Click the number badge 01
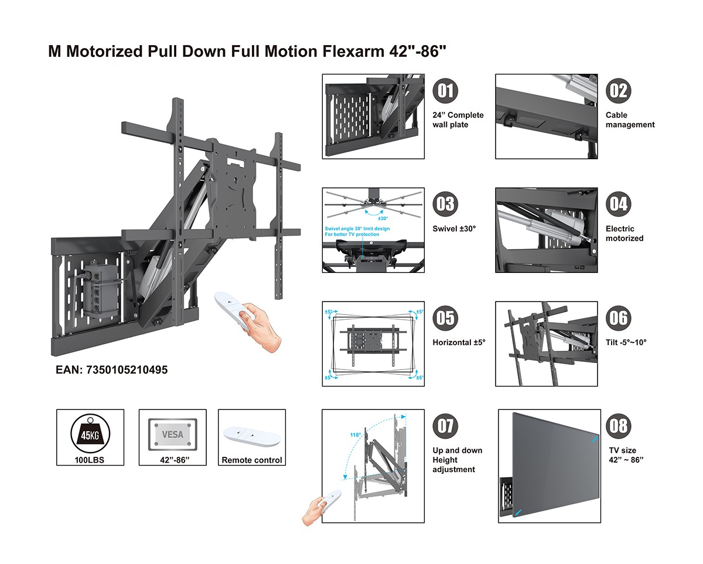(x=445, y=91)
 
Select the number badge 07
(x=445, y=426)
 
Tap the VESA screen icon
(x=172, y=435)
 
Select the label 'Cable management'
(x=630, y=120)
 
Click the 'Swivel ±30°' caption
(x=454, y=228)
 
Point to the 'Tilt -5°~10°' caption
(x=626, y=342)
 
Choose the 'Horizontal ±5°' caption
(x=459, y=342)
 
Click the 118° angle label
(x=356, y=435)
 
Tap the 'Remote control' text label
(x=251, y=460)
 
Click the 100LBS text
(x=90, y=460)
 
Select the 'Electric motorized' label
(x=624, y=234)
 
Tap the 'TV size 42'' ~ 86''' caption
(x=626, y=455)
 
